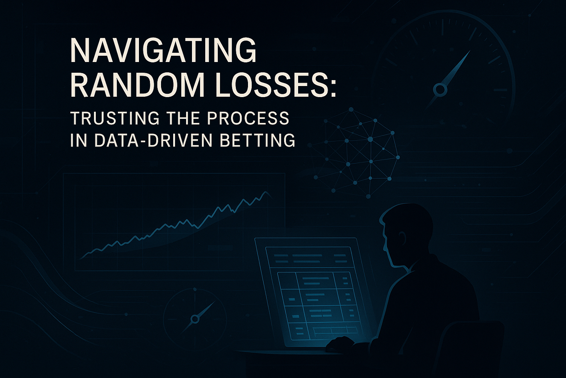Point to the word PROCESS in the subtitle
point(248,118)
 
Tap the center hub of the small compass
point(195,319)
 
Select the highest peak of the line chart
point(265,192)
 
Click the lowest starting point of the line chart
point(81,258)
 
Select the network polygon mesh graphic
point(354,152)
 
